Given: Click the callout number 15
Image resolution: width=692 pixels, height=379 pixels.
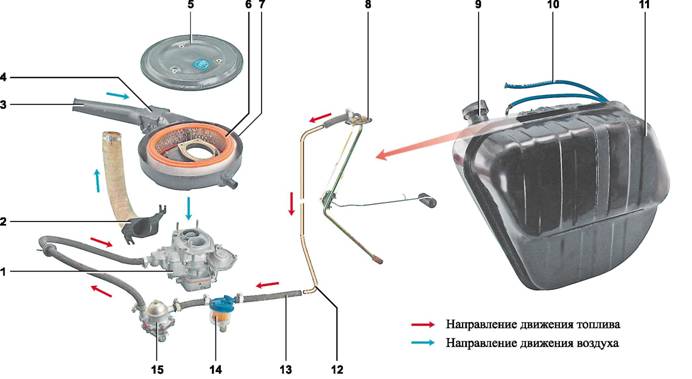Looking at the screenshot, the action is coord(157,369).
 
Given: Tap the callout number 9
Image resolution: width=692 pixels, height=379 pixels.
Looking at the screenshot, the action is coord(478,4).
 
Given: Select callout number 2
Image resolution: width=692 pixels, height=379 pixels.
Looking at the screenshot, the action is coord(3,221).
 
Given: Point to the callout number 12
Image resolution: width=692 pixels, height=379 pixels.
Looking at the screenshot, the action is coord(336,369).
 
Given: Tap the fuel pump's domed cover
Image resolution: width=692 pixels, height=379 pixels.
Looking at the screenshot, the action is coord(156,308).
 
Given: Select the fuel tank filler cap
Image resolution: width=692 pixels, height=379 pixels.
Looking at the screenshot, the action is coord(475,110).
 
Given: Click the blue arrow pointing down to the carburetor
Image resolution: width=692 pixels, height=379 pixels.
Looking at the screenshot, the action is coord(189,208).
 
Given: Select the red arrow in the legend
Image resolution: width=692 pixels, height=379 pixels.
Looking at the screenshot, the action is coord(423,324).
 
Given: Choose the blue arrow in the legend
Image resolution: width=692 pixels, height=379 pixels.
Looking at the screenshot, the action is coord(423,342).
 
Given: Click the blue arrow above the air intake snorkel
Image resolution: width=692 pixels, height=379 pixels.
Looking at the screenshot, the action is coord(118,96).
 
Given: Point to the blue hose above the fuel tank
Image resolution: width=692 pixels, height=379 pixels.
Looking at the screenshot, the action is coord(557,90).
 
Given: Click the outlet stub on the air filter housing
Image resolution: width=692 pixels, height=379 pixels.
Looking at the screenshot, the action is coord(229,180).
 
